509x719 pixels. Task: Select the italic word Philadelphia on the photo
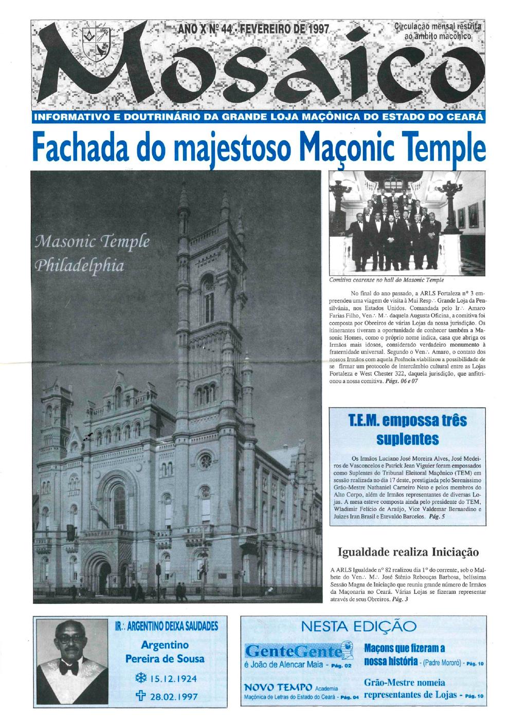[79, 265]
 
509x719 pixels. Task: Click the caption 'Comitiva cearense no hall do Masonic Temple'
[386, 280]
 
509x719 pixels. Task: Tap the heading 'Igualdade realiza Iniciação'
[408, 552]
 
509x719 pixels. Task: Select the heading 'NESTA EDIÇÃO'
[359, 626]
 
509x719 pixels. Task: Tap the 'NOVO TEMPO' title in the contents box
[278, 687]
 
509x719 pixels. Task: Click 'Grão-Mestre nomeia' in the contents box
[404, 683]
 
